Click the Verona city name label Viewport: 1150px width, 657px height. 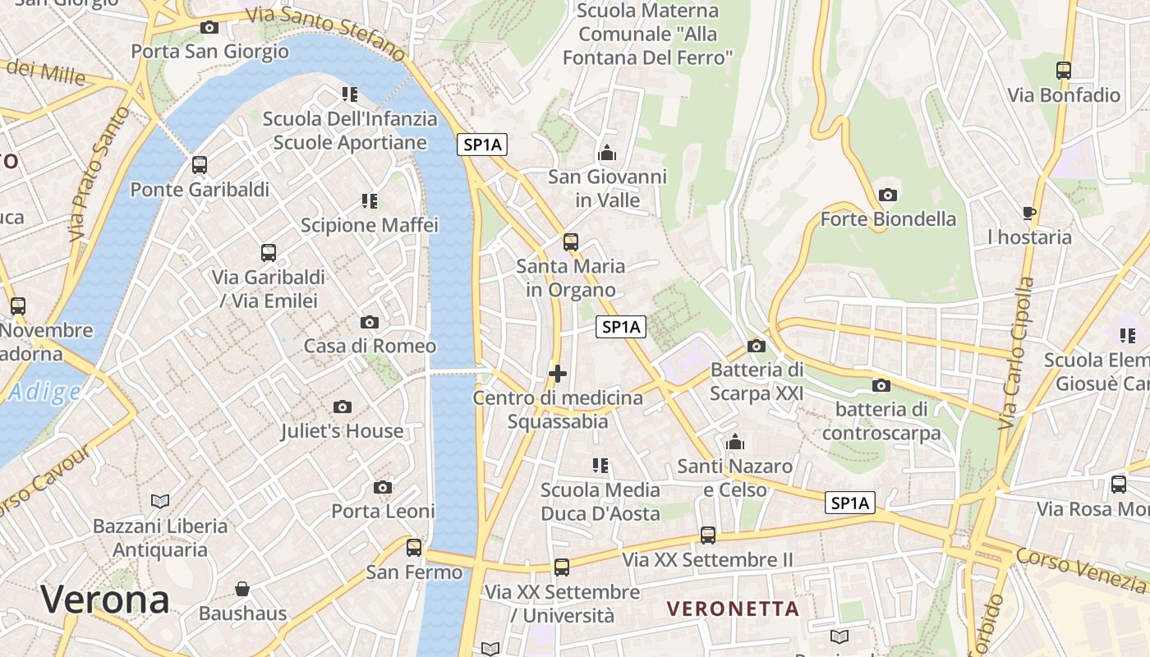tap(105, 600)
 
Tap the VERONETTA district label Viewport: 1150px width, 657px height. tap(733, 609)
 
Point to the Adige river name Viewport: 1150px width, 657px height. tap(44, 393)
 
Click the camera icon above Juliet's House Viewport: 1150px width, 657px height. tap(343, 407)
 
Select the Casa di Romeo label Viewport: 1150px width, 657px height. tap(370, 346)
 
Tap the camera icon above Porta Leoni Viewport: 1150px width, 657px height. tap(383, 488)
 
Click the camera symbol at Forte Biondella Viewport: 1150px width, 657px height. tap(887, 195)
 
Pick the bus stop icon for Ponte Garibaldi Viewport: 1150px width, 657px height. tap(200, 165)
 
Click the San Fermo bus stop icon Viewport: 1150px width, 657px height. tap(414, 547)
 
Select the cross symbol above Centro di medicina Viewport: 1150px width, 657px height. tap(558, 374)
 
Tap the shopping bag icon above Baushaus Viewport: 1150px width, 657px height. tap(242, 589)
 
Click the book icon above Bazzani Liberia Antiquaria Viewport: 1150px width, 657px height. tap(160, 501)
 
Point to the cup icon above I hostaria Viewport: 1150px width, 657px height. tap(1029, 214)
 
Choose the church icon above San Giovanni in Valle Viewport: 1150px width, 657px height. tap(607, 153)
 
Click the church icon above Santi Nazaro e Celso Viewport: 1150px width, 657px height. tap(735, 443)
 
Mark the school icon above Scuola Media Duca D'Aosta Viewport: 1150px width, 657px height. tap(600, 466)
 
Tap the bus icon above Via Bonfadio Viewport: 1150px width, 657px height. tap(1064, 71)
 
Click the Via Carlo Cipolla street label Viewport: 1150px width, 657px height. tap(1016, 353)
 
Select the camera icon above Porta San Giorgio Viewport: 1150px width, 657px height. tap(209, 28)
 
